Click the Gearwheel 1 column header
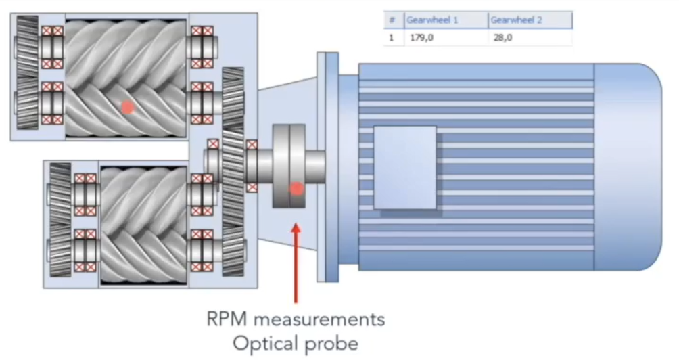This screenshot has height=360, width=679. (x=433, y=20)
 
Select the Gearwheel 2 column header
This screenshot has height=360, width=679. (x=517, y=20)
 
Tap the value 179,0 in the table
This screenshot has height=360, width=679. (x=421, y=38)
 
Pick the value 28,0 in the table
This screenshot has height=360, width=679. (x=502, y=38)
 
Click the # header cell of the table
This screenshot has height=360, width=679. (x=392, y=20)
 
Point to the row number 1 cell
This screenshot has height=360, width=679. (x=392, y=38)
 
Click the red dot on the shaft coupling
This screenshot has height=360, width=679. (x=296, y=188)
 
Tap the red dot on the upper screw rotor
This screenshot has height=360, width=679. (x=127, y=106)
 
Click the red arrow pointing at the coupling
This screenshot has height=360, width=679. (x=296, y=264)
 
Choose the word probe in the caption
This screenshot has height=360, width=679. (x=333, y=344)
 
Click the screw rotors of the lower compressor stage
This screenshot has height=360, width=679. (x=143, y=223)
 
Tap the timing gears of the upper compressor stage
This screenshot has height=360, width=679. (x=27, y=72)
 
